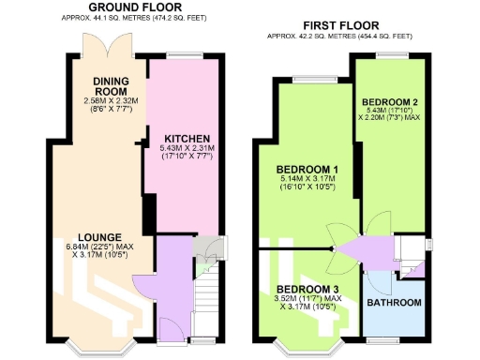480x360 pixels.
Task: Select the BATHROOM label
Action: [x=394, y=303]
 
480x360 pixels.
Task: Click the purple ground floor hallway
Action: [x=171, y=281]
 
